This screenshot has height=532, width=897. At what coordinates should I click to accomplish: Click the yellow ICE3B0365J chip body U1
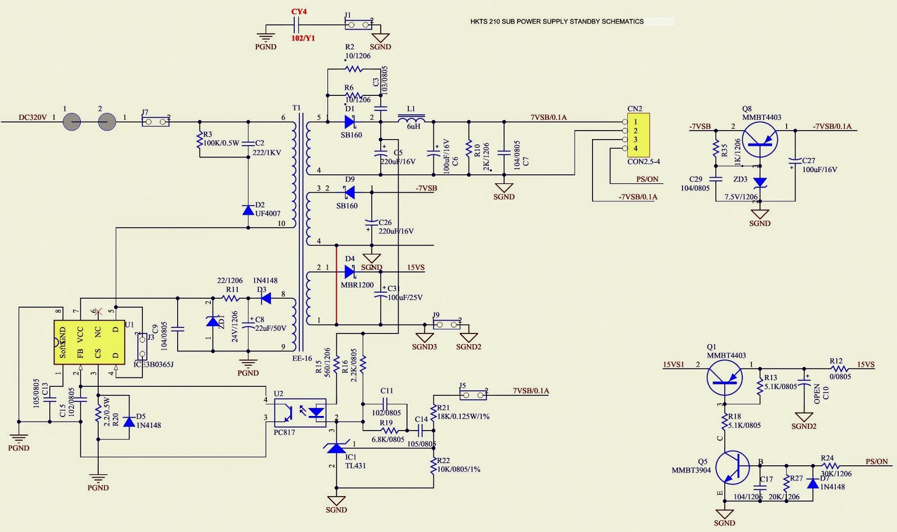point(89,342)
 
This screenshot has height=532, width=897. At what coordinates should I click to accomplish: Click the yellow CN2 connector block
point(638,135)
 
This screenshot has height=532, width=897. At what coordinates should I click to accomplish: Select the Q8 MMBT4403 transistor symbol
point(760,141)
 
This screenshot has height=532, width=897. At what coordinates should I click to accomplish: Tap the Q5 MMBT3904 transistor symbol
point(732,467)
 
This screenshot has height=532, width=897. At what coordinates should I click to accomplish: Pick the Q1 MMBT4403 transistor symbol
point(724,378)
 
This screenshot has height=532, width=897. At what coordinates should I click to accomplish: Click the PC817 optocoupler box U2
point(300,413)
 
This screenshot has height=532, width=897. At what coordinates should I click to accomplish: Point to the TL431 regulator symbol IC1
point(336,447)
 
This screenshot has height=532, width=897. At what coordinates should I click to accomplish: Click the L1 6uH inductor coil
point(411,119)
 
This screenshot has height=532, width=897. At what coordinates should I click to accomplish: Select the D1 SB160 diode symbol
point(350,122)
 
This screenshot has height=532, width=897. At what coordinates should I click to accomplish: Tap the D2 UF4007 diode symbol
point(248,210)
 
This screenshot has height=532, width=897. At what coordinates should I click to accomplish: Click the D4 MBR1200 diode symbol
point(350,272)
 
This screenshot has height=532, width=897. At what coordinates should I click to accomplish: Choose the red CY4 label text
point(299,12)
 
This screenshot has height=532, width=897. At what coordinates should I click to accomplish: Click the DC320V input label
point(33,118)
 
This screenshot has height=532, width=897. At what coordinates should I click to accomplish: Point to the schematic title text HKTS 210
point(557,22)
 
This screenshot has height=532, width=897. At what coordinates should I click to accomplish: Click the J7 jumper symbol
point(155,121)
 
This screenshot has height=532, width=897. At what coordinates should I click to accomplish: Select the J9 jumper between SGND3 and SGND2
point(447,325)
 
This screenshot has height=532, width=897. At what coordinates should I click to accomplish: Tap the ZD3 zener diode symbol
point(760,182)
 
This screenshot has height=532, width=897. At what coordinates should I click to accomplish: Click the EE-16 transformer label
point(302,359)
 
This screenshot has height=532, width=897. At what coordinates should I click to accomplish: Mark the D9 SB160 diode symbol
point(349,193)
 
